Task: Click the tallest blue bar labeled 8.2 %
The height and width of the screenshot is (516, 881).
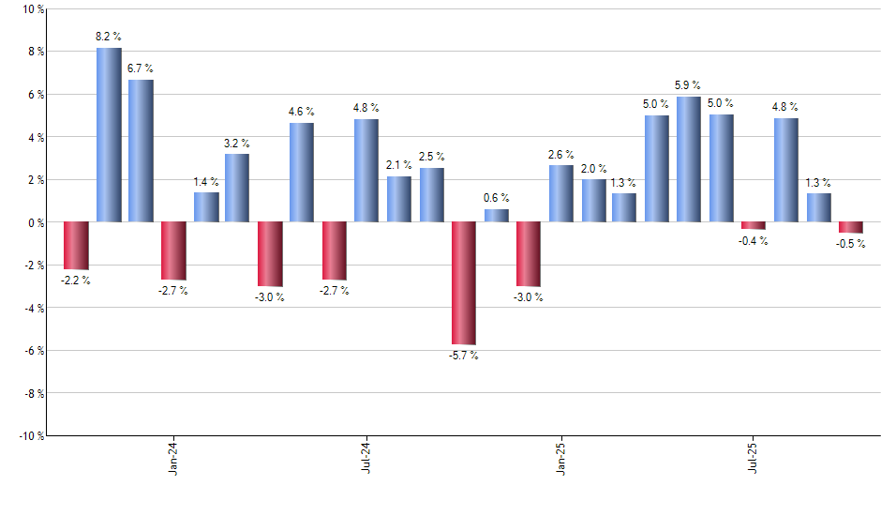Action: click(109, 135)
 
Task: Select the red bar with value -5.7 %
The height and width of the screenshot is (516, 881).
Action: click(464, 283)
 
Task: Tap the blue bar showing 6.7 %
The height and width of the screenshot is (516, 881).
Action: click(141, 151)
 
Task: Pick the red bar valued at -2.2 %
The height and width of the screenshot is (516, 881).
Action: click(76, 246)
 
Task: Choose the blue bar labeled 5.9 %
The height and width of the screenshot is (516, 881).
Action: click(689, 159)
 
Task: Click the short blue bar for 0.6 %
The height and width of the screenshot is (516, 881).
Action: click(497, 216)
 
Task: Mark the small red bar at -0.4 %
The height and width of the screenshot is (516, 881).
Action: click(754, 226)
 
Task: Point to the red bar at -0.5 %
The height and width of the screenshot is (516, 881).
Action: click(851, 228)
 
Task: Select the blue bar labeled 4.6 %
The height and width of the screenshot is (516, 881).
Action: click(302, 173)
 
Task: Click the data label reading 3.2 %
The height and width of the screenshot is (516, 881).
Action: click(237, 144)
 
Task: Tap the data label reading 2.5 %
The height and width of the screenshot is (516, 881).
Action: click(432, 157)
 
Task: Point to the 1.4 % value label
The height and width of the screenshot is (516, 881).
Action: click(206, 182)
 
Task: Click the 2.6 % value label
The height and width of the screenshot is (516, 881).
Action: click(561, 155)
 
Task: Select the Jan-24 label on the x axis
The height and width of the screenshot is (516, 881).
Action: click(174, 459)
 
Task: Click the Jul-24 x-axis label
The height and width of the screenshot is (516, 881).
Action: click(366, 459)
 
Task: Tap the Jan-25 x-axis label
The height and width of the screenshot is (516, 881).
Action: click(561, 459)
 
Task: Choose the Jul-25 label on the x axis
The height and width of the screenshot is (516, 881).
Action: click(754, 459)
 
